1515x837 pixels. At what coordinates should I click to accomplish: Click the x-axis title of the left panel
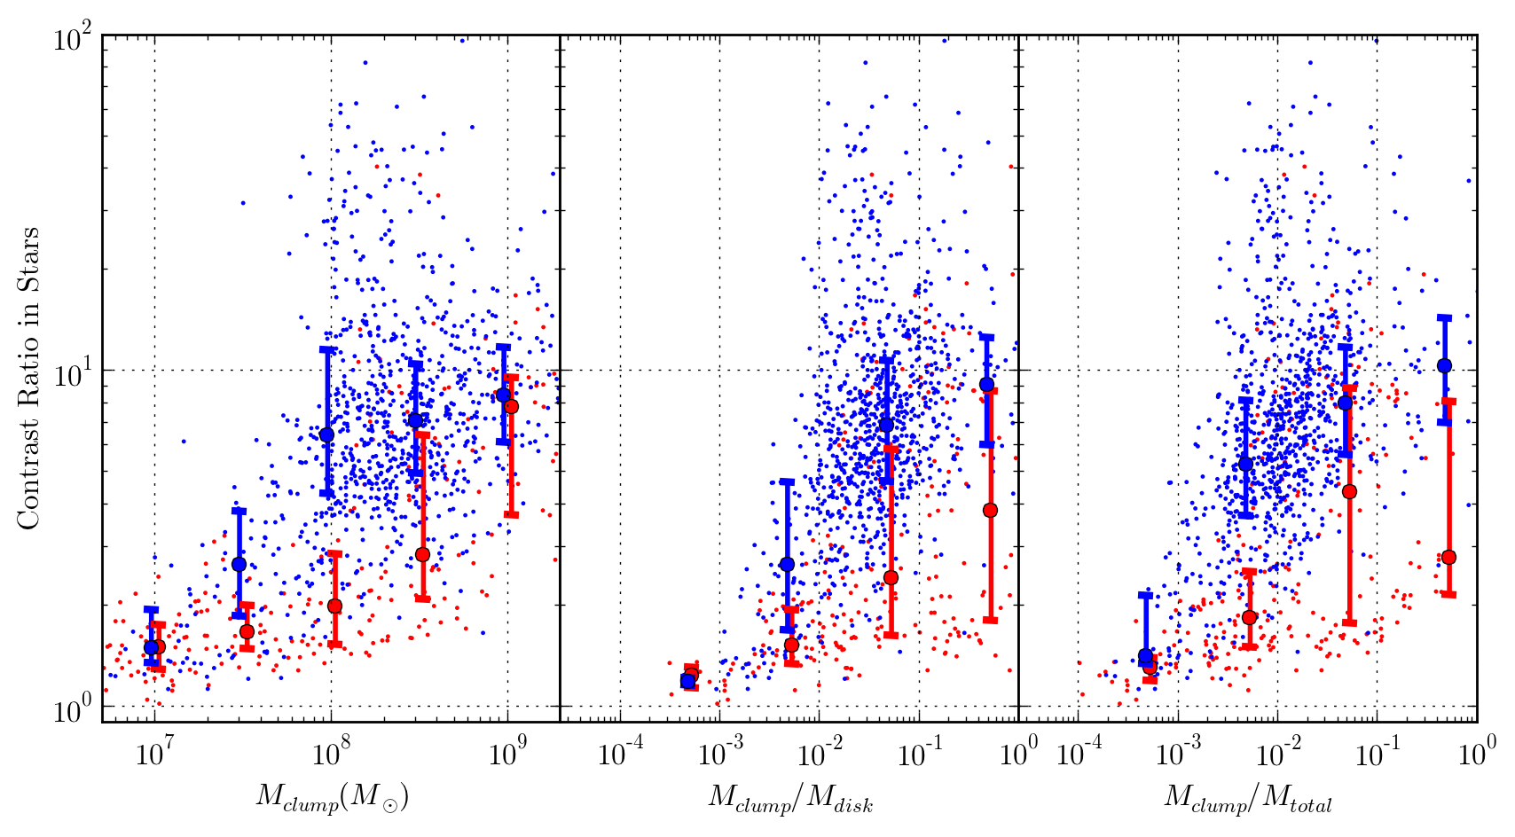332,800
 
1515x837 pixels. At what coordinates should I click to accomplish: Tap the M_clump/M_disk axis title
790,800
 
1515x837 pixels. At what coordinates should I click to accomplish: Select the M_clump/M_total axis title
1248,800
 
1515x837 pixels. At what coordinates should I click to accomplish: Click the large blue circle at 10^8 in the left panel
326,434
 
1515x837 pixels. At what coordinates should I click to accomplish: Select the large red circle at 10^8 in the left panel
334,606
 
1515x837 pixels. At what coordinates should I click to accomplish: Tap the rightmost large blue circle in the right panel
1444,365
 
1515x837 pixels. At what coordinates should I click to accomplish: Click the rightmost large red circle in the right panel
1448,557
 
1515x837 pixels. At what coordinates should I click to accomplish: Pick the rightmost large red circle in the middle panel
990,510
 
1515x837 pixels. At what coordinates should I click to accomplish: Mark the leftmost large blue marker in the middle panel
687,681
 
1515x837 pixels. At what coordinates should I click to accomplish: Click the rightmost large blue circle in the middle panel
986,384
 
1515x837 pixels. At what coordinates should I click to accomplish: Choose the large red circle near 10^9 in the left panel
511,406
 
